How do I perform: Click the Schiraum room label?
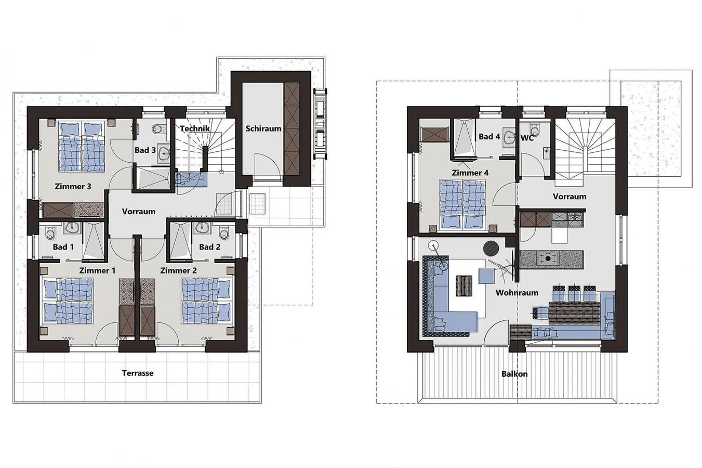pyautogui.click(x=263, y=128)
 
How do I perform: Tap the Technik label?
pyautogui.click(x=195, y=128)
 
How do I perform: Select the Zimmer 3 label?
pyautogui.click(x=73, y=186)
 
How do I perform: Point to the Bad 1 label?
pyautogui.click(x=63, y=247)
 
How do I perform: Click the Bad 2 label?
pyautogui.click(x=209, y=247)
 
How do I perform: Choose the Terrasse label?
pyautogui.click(x=138, y=373)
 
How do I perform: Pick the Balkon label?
pyautogui.click(x=514, y=374)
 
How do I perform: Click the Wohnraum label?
pyautogui.click(x=516, y=293)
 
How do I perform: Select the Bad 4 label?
pyautogui.click(x=489, y=137)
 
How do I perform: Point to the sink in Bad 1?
pyautogui.click(x=72, y=228)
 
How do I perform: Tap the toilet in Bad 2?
pyautogui.click(x=224, y=229)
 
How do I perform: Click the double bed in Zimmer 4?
pyautogui.click(x=462, y=204)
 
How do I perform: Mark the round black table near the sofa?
pyautogui.click(x=491, y=248)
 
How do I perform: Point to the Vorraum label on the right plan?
pyautogui.click(x=569, y=197)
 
